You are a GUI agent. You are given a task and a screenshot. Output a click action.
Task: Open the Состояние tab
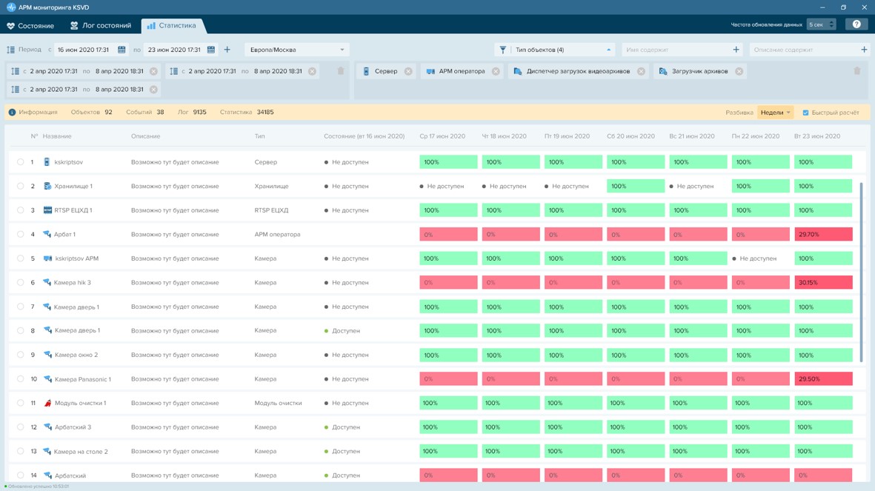30,26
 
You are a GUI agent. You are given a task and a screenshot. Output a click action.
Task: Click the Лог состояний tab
101,26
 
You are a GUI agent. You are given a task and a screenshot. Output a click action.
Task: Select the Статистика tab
172,26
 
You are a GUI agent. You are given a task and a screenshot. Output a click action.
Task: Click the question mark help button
856,24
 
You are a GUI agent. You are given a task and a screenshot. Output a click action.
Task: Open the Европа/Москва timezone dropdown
297,50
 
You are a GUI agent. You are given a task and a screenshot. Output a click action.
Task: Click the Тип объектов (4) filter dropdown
554,50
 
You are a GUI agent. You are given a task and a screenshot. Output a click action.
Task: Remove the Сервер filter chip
408,71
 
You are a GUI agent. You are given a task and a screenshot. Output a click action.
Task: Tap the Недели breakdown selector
775,112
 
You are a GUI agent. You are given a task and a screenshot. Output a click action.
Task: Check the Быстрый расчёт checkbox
805,113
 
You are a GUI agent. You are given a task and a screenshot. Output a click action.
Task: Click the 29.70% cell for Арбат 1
823,234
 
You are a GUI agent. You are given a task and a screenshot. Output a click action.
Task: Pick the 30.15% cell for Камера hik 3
823,282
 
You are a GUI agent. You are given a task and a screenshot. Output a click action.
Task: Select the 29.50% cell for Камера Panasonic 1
823,379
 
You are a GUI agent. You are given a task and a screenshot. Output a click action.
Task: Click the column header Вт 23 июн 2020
817,136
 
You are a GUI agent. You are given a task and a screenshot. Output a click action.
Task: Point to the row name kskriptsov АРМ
76,258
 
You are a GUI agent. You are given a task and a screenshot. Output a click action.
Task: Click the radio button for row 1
20,161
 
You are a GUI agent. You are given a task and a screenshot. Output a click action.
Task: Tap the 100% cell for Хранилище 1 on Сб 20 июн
636,186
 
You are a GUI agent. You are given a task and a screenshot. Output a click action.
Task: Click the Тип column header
259,136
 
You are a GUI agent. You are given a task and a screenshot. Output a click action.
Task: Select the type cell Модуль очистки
278,403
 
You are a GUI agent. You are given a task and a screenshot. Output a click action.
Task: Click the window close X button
864,7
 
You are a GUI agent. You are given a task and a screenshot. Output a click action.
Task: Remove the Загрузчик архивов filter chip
739,71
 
